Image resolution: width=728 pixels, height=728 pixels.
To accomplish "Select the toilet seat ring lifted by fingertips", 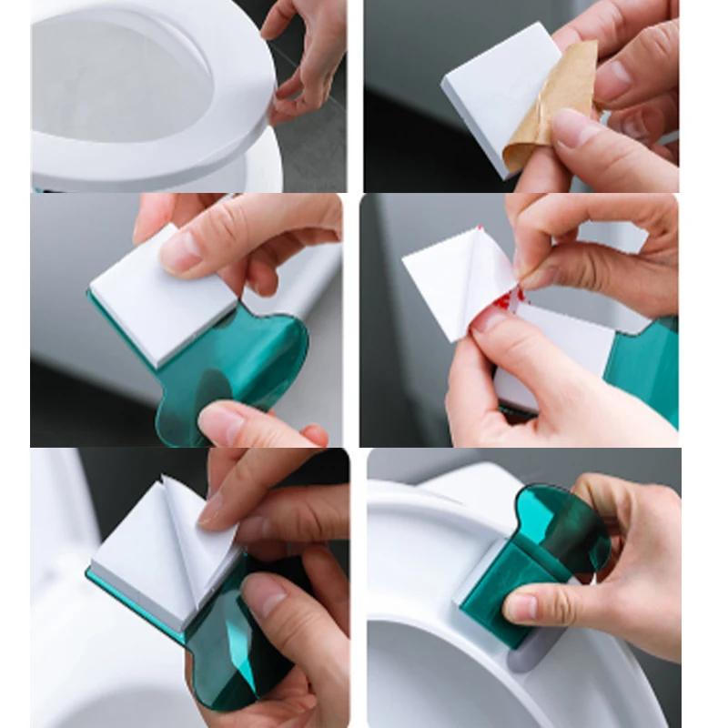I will click(227, 136).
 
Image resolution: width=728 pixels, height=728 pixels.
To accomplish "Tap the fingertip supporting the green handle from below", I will click(223, 423).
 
